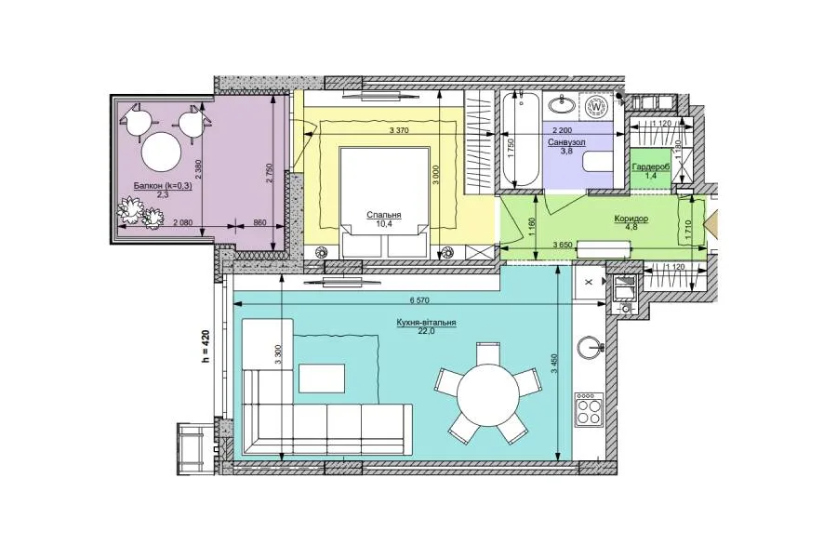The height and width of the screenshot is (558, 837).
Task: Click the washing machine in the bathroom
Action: point(594,107)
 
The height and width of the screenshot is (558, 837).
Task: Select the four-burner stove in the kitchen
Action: point(589,409)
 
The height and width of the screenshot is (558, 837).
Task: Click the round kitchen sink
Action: point(591,348)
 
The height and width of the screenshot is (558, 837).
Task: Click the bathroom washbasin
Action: point(560,106)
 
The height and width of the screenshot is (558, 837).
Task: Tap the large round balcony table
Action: point(162,151)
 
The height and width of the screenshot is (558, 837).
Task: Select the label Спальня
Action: point(383,215)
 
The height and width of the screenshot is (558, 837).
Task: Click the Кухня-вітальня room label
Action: point(425,323)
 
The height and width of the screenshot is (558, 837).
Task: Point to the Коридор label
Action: point(631,219)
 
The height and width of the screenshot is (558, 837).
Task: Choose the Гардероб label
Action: point(650,167)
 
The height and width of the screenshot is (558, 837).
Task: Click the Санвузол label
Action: point(566,142)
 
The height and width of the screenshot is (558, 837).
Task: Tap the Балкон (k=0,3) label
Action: point(162,186)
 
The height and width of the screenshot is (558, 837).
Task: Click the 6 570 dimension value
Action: point(419,300)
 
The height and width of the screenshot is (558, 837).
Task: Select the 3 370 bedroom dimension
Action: point(399,130)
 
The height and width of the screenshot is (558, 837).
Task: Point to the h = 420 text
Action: point(206,346)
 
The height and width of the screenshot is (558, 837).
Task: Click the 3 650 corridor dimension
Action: point(562,245)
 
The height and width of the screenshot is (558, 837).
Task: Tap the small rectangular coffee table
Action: point(322,379)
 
